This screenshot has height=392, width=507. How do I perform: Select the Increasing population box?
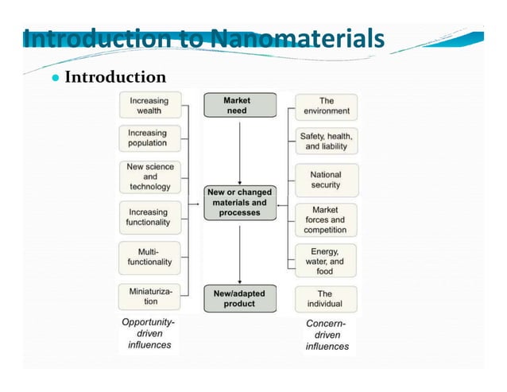click(x=148, y=138)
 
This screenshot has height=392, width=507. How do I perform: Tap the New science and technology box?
click(x=150, y=177)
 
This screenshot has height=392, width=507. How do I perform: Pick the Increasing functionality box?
click(x=149, y=217)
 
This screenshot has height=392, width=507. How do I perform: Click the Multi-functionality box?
click(x=149, y=257)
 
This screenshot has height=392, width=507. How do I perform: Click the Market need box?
click(x=239, y=106)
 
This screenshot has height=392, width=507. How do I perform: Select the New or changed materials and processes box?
click(x=239, y=203)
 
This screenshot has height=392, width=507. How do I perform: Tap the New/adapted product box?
click(x=239, y=298)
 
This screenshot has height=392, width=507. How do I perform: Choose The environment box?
click(x=326, y=107)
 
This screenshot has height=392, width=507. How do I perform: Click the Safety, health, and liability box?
click(x=326, y=142)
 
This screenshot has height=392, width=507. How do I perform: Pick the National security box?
click(x=326, y=180)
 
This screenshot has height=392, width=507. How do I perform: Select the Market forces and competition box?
click(x=325, y=219)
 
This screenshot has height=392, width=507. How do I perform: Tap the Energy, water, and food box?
click(x=325, y=261)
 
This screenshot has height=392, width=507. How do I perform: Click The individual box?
click(x=325, y=299)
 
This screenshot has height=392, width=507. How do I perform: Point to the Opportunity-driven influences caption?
click(x=149, y=334)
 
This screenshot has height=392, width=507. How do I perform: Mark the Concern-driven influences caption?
click(x=327, y=335)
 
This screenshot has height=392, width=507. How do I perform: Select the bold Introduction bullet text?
click(x=114, y=77)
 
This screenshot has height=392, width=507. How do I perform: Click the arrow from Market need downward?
click(x=239, y=151)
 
